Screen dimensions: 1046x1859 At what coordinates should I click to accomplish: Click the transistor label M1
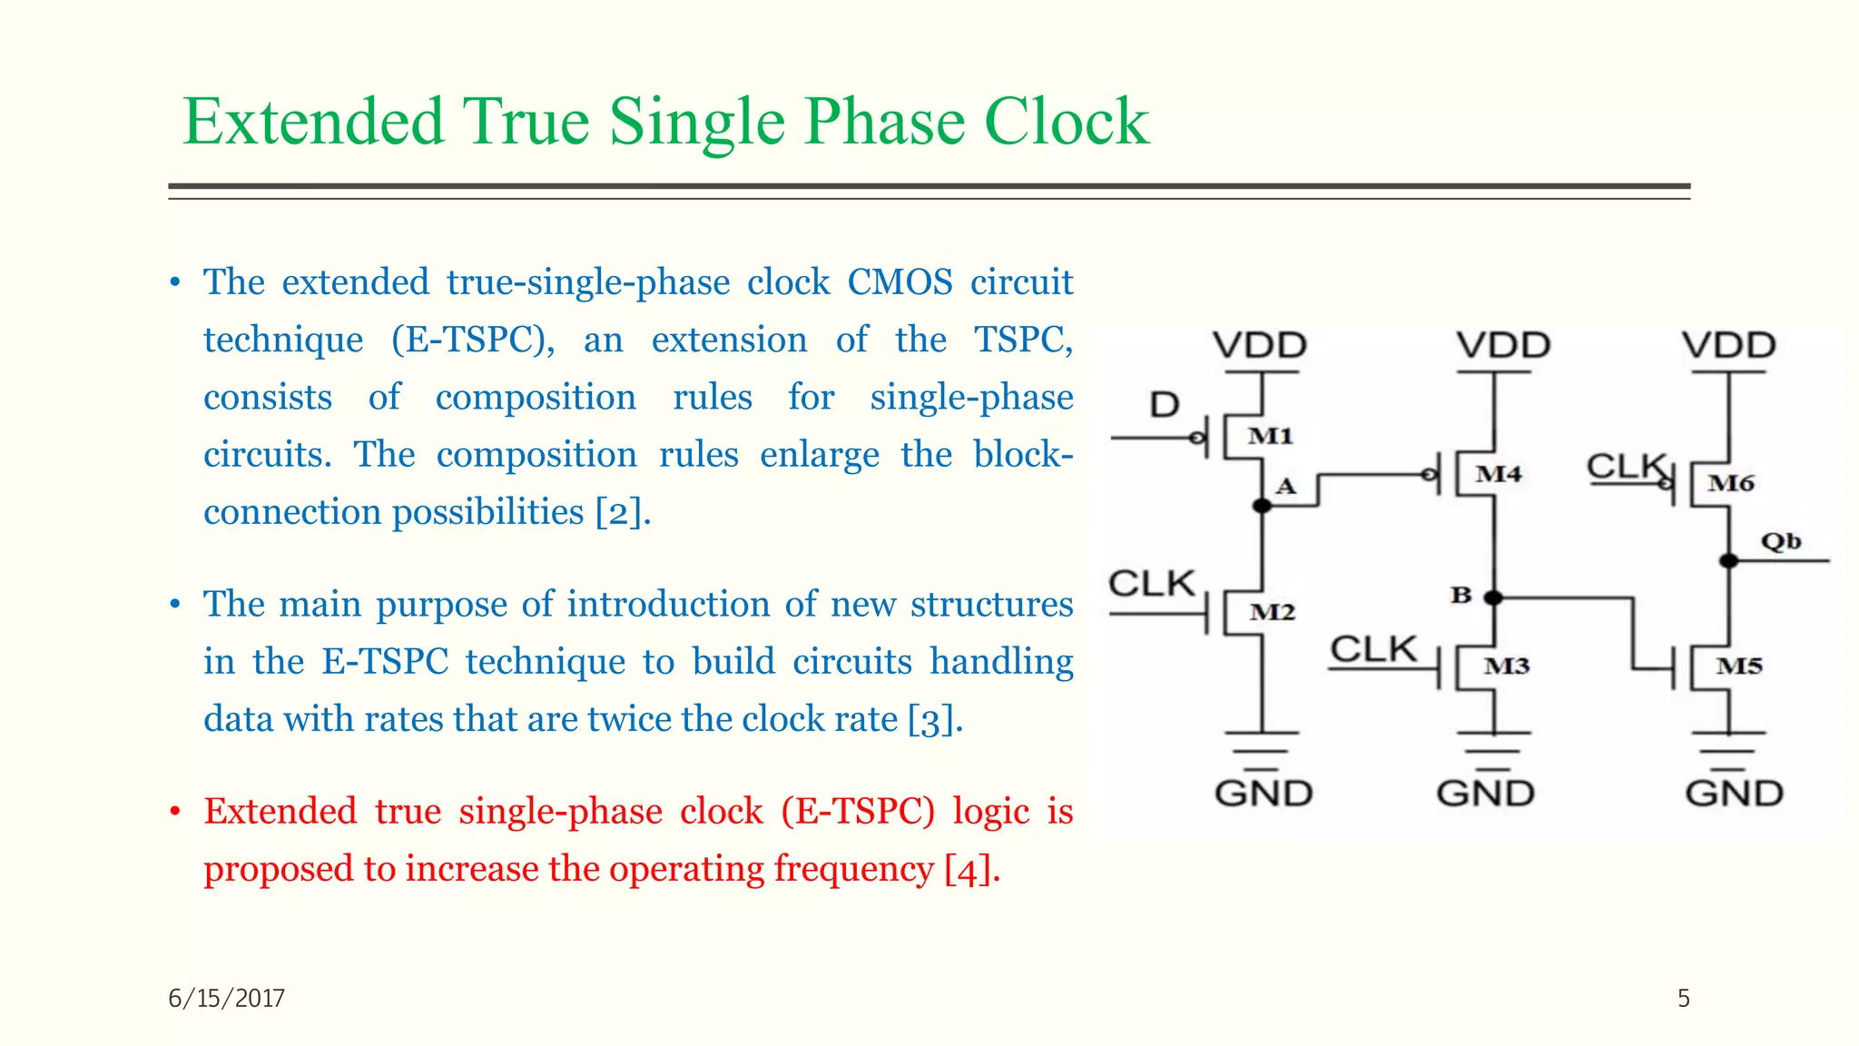pyautogui.click(x=1270, y=436)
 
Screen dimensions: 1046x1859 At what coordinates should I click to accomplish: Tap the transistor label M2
pyautogui.click(x=1272, y=613)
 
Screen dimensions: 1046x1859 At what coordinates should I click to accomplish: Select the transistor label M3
pyautogui.click(x=1507, y=666)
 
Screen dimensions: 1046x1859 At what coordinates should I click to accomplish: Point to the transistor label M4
pyautogui.click(x=1498, y=474)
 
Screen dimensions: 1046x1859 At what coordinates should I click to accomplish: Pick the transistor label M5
pyautogui.click(x=1739, y=666)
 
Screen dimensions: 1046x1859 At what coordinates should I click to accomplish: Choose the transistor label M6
pyautogui.click(x=1731, y=483)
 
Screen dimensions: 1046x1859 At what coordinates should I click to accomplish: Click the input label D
pyautogui.click(x=1165, y=405)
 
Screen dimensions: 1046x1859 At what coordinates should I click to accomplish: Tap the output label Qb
pyautogui.click(x=1781, y=542)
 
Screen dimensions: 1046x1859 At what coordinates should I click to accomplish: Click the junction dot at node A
pyautogui.click(x=1262, y=506)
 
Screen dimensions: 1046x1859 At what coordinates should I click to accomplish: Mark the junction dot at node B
pyautogui.click(x=1493, y=597)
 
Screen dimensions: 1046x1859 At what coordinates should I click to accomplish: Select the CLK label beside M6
pyautogui.click(x=1628, y=467)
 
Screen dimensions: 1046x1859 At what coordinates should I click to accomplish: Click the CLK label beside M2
pyautogui.click(x=1152, y=583)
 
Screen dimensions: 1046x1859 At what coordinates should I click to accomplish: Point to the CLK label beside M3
pyautogui.click(x=1373, y=649)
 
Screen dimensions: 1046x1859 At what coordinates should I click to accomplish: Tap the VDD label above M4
pyautogui.click(x=1504, y=346)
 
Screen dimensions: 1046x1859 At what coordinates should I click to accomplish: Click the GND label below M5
pyautogui.click(x=1734, y=794)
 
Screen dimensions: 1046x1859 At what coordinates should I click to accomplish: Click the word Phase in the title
pyautogui.click(x=885, y=122)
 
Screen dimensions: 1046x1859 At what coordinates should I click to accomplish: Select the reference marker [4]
pyautogui.click(x=970, y=870)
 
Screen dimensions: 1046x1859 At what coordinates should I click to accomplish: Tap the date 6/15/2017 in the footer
pyautogui.click(x=227, y=999)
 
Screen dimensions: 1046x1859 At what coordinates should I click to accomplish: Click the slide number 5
pyautogui.click(x=1683, y=999)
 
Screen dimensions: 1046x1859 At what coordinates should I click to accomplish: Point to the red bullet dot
pyautogui.click(x=175, y=812)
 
